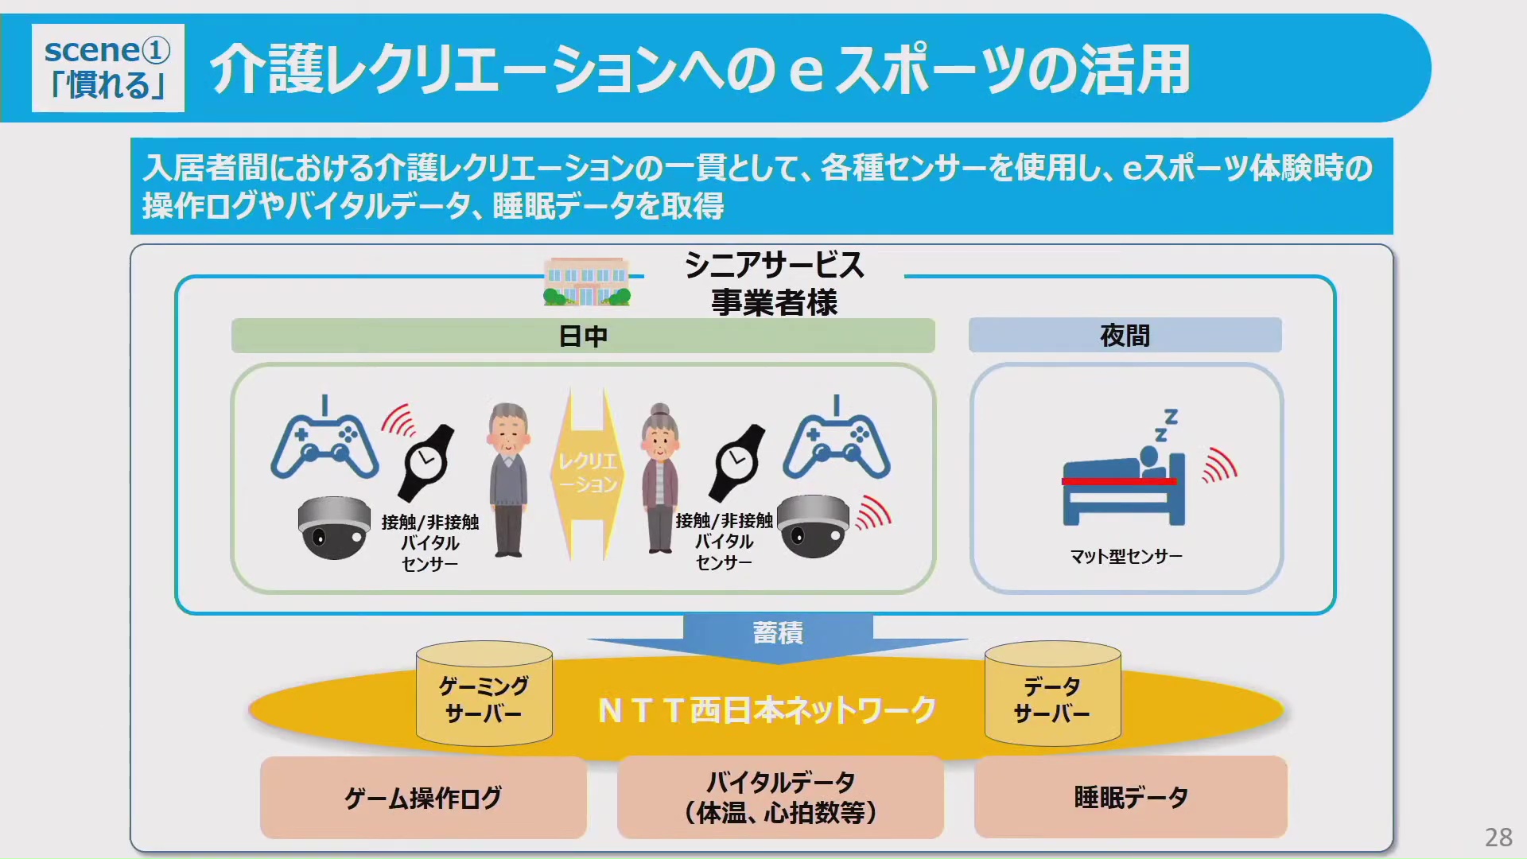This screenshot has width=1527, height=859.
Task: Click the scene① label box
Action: (108, 68)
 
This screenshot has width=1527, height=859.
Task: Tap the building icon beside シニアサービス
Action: (587, 282)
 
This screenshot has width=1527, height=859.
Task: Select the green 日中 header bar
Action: (583, 336)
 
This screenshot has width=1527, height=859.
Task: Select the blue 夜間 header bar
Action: (1125, 336)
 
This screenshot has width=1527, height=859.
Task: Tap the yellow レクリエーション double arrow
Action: (588, 473)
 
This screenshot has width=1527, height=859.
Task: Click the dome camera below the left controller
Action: (334, 527)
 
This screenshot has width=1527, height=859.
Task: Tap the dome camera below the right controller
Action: (813, 526)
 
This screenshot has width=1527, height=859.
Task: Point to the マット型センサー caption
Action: (1126, 557)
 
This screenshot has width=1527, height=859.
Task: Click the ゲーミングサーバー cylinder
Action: (484, 694)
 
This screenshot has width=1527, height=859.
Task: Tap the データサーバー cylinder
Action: (1052, 694)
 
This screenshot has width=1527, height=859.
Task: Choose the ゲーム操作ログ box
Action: (423, 798)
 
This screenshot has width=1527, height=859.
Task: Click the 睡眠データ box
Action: (1130, 797)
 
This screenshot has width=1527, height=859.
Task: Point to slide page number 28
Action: (1498, 837)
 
